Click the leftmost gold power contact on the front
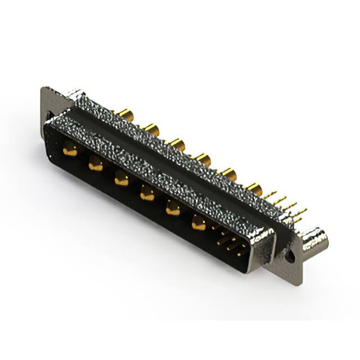click(70, 149)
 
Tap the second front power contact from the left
click(96, 164)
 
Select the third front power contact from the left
click(121, 179)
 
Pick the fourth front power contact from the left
click(147, 193)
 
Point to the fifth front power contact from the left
click(173, 209)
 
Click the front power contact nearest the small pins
click(198, 223)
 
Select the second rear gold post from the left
click(151, 130)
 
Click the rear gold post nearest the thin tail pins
click(254, 189)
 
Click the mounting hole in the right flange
click(291, 256)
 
